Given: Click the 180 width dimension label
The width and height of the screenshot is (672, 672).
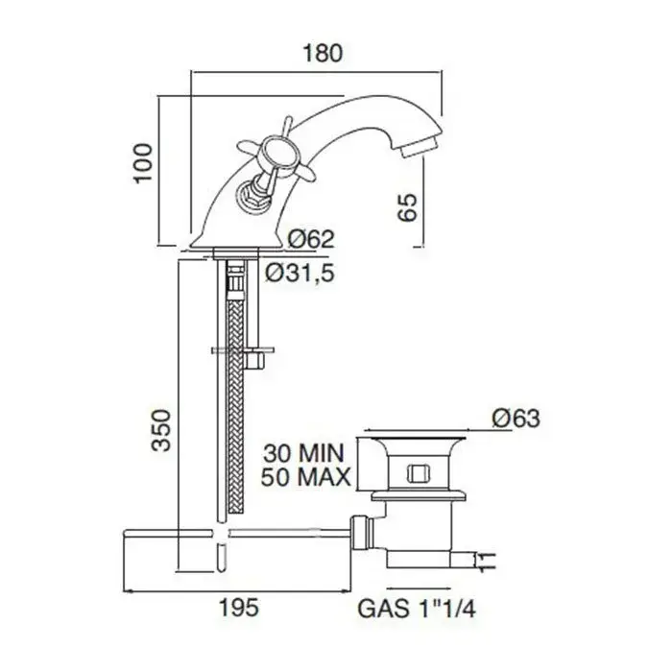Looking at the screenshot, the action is [x=323, y=53].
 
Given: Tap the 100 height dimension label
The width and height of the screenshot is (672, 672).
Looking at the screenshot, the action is [x=143, y=163].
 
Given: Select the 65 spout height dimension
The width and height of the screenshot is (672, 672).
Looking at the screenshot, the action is [x=408, y=207].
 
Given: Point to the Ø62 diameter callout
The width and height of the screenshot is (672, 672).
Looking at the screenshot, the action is [x=311, y=239].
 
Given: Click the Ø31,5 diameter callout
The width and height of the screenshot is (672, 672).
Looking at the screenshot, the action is [x=300, y=273].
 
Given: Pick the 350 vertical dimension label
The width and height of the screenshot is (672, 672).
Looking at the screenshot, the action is [x=161, y=430].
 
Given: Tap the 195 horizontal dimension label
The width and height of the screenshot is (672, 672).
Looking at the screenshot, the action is [x=239, y=608].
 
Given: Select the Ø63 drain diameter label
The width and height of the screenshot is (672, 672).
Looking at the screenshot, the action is [x=516, y=418].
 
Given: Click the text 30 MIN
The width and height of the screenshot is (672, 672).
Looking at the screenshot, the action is [x=304, y=453].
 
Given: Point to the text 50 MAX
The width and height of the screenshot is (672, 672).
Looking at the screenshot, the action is [x=305, y=477].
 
